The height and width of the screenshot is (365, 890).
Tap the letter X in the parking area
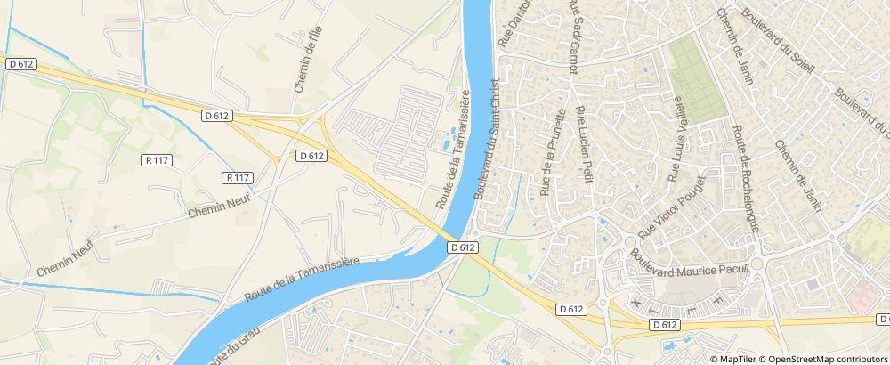[x=635, y=303]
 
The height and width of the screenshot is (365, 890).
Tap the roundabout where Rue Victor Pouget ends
[x=629, y=241]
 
